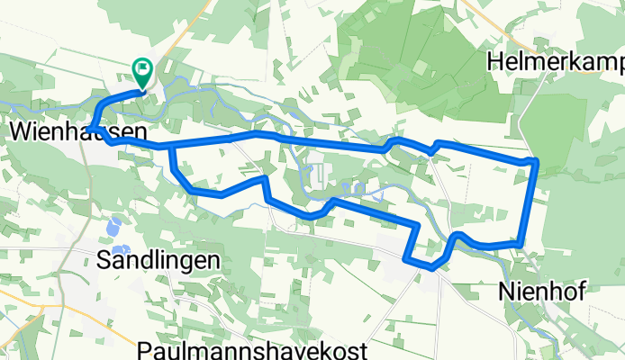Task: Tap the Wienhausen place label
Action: (x=78, y=131)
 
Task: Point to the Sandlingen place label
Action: (x=159, y=261)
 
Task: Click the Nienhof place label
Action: (x=542, y=292)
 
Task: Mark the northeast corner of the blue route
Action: (x=536, y=160)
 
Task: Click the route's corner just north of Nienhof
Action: (x=520, y=243)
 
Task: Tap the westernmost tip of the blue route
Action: (x=91, y=130)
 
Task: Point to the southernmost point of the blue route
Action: (x=431, y=266)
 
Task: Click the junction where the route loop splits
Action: (x=169, y=145)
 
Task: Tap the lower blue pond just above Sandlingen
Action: (x=121, y=247)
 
